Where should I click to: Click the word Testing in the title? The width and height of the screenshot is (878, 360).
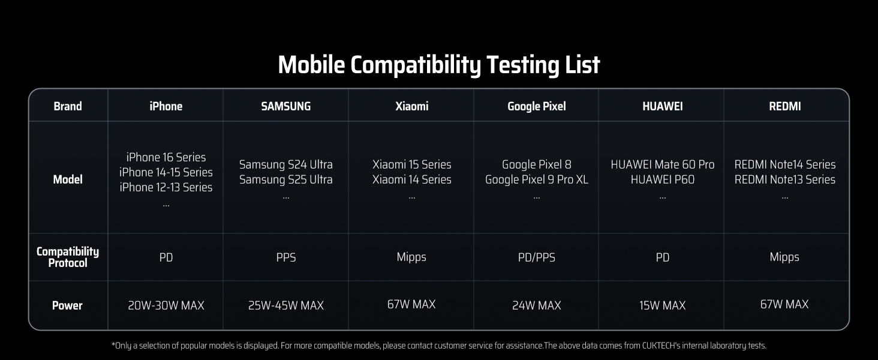[x=523, y=65]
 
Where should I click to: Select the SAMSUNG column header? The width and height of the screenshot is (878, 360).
[x=285, y=106]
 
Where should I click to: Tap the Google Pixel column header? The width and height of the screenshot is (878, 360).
[x=537, y=106]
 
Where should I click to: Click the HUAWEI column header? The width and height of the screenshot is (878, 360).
[x=663, y=106]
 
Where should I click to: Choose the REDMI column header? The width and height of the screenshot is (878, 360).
[x=784, y=106]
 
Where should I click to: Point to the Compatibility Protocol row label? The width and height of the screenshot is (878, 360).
[x=68, y=257]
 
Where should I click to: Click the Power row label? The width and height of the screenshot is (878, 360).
[x=67, y=305]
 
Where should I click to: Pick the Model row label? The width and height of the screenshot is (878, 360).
[x=68, y=179]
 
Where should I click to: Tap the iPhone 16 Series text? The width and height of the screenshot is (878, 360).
[x=166, y=157]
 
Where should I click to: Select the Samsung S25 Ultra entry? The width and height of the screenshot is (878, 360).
[x=285, y=179]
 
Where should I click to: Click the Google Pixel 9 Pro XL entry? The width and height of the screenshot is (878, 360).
[x=537, y=179]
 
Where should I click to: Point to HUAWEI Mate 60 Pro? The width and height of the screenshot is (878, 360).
[x=663, y=165]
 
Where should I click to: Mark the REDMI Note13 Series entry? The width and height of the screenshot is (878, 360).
[x=784, y=179]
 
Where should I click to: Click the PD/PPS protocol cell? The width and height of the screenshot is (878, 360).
[x=537, y=257]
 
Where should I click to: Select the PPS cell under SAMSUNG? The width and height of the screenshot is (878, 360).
[x=285, y=257]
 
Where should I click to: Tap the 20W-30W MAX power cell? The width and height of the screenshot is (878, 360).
[x=166, y=305]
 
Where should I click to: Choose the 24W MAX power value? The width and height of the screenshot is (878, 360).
[x=537, y=305]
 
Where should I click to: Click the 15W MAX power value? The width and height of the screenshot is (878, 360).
[x=663, y=305]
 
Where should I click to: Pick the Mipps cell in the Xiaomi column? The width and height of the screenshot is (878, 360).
[x=411, y=257]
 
